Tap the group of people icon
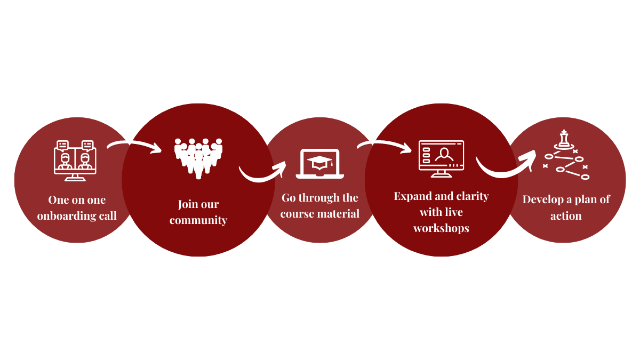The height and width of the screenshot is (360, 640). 198,158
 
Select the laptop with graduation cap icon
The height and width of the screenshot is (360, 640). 320,163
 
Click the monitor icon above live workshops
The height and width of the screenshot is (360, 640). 441,158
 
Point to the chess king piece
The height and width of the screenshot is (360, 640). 564,140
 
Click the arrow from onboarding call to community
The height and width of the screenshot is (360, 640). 134,145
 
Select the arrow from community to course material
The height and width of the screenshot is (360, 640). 262,172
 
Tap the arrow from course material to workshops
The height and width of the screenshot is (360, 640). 384,145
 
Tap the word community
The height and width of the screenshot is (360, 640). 198,220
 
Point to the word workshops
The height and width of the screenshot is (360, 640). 441,228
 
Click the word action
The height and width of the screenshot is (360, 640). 566,216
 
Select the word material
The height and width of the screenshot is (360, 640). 340,214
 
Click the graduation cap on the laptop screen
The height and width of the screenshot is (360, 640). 320,161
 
